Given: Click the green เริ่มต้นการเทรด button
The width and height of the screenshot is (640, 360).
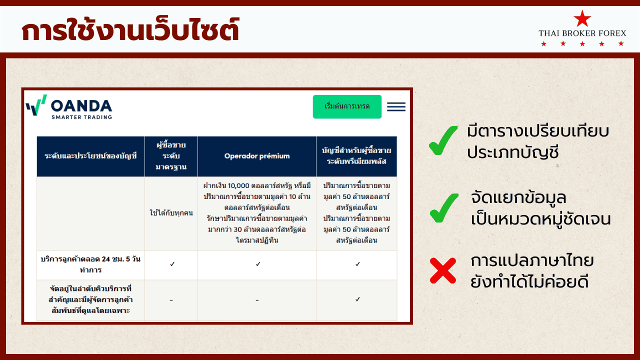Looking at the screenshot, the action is [x=347, y=106].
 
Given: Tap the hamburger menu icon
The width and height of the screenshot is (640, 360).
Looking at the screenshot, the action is [x=396, y=106].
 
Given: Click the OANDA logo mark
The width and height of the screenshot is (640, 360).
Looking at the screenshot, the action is [x=36, y=105].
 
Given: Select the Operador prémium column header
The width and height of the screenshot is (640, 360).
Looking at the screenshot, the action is [x=257, y=156].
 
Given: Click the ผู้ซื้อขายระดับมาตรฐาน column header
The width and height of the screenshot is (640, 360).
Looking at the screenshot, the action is [x=171, y=156].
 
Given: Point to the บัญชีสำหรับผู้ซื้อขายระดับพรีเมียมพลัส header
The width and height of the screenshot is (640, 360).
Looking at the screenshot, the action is [x=356, y=156].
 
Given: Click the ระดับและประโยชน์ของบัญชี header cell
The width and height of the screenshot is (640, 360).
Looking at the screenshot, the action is [x=90, y=156].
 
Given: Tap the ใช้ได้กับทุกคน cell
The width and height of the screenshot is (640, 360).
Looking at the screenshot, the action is [x=171, y=213].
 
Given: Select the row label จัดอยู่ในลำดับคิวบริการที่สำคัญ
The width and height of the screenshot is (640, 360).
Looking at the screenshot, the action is [x=90, y=299].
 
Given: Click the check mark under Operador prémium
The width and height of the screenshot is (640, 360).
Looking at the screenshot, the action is [x=258, y=264].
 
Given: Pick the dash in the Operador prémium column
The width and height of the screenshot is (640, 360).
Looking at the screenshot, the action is [x=257, y=300].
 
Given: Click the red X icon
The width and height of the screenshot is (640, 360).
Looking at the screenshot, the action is [x=443, y=270].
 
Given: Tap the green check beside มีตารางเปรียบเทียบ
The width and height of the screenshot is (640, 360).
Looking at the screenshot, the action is [x=443, y=140].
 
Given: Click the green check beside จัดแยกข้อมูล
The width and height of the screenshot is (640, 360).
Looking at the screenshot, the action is [x=443, y=208].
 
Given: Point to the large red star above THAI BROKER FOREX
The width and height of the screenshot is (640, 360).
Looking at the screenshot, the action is [x=582, y=18].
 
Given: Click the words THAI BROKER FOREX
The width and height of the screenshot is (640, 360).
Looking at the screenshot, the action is [x=582, y=33].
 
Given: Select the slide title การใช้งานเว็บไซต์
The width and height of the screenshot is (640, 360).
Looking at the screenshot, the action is [x=130, y=29].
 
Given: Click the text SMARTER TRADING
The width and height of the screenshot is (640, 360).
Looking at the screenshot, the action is [x=81, y=117].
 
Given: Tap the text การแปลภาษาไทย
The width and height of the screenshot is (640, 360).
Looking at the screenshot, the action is [x=532, y=260].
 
